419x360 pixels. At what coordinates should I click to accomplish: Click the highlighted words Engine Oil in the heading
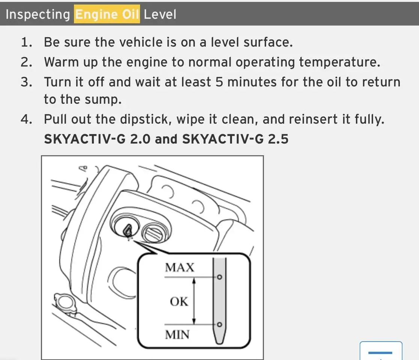pos(107,14)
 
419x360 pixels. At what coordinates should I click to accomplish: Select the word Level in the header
pos(160,14)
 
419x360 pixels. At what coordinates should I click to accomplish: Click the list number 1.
pos(26,42)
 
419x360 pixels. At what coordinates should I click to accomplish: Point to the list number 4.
pos(26,119)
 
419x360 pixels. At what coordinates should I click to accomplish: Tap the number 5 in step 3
pos(219,82)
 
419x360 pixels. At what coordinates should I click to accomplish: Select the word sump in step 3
pos(103,100)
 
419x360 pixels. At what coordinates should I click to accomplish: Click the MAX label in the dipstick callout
pos(179,268)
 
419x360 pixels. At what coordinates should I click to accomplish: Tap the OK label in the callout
pos(179,301)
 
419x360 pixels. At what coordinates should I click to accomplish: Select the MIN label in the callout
pos(177,335)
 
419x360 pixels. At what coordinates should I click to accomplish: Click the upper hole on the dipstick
pos(219,277)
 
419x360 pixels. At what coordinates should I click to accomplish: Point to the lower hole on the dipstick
pos(219,324)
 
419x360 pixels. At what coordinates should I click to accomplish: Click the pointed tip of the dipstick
pos(219,343)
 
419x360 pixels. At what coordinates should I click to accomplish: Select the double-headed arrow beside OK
pos(194,301)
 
